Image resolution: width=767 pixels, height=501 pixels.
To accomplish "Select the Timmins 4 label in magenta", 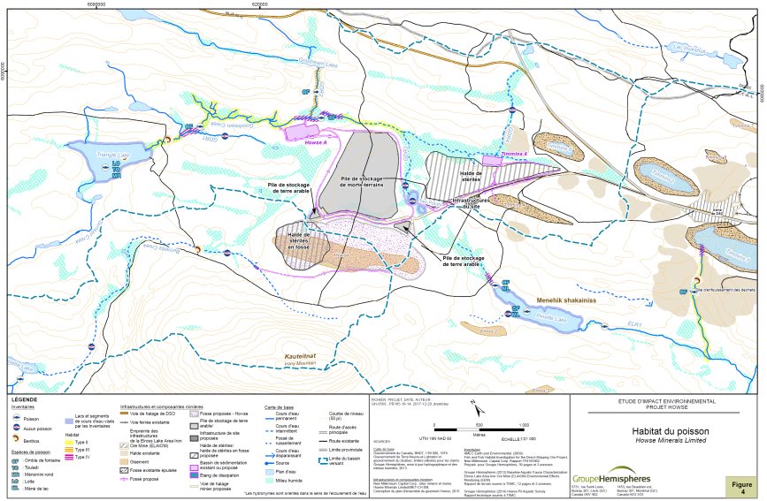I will click(514, 154).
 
